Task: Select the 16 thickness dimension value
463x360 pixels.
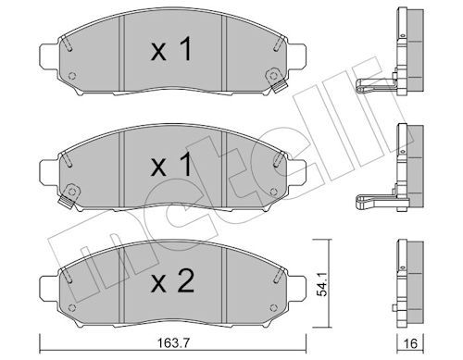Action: (410, 343)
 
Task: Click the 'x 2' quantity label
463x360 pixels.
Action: (172, 281)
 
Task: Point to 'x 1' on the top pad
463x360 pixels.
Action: (171, 49)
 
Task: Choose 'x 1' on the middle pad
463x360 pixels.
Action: (171, 165)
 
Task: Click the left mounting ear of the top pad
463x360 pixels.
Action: (49, 56)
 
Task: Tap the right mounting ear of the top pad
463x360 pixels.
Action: (297, 56)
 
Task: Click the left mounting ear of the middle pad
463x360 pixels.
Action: (49, 173)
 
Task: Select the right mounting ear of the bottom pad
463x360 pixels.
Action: (297, 289)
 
